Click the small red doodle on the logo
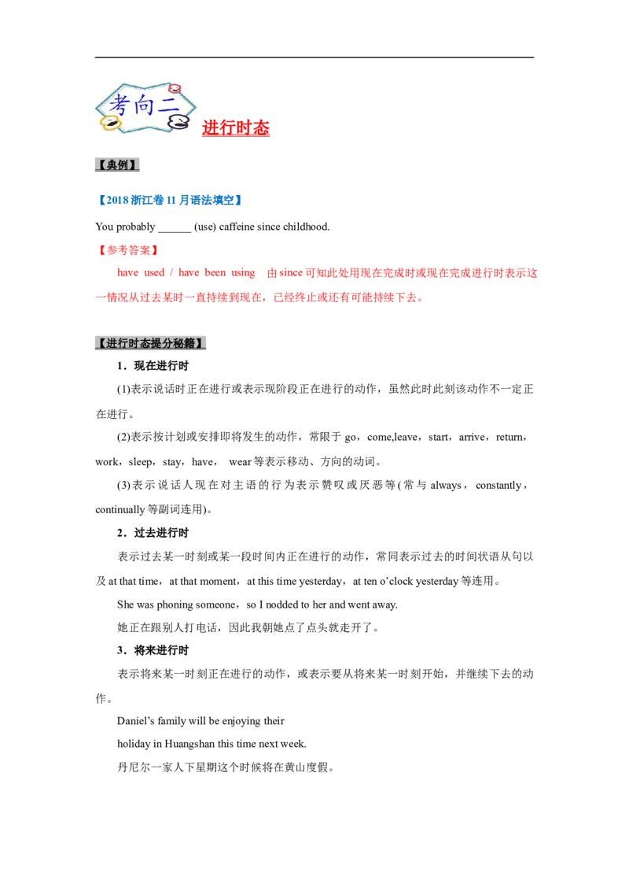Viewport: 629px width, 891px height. (x=175, y=88)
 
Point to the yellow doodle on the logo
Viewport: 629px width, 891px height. (x=110, y=124)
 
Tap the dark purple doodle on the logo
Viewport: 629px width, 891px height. (x=179, y=123)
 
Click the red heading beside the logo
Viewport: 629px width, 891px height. (x=236, y=128)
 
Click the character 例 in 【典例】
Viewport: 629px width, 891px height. (x=125, y=165)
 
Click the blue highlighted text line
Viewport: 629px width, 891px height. (x=169, y=199)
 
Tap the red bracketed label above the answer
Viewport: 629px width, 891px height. (x=126, y=250)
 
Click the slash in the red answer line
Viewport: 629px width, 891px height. (x=170, y=274)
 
